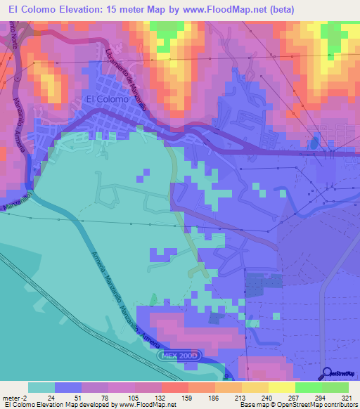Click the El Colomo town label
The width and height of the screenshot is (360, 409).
[106, 99]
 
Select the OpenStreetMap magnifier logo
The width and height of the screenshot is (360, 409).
[325, 372]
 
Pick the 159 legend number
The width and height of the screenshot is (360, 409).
[188, 398]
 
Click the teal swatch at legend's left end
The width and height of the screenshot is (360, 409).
[41, 387]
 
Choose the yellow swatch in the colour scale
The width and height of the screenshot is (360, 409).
[281, 387]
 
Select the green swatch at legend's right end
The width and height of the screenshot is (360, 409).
[335, 387]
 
